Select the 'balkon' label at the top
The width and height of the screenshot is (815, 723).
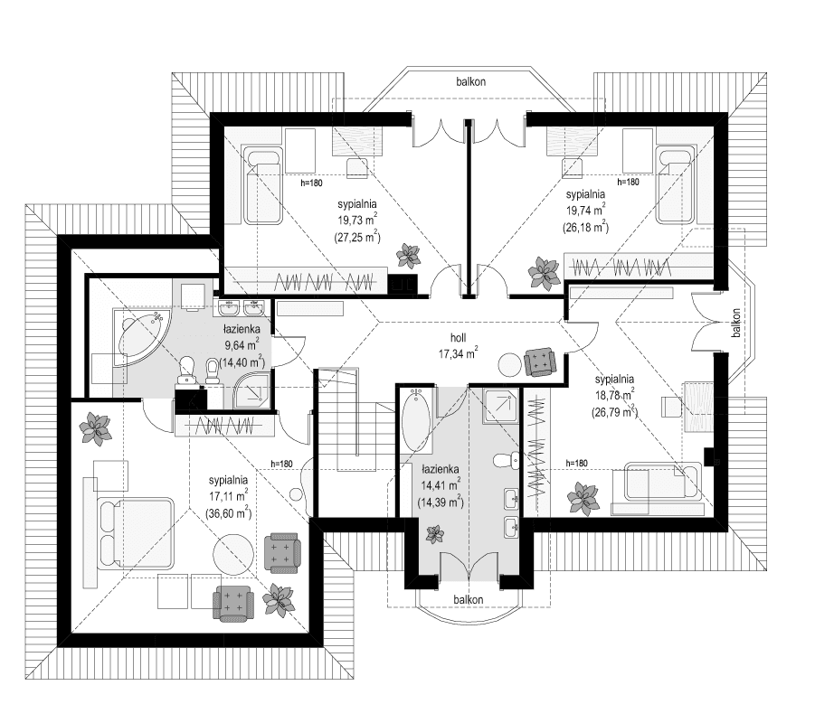pos(471,81)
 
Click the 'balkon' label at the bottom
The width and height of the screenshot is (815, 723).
pos(468,600)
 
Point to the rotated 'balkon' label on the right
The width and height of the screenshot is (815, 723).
pos(737,324)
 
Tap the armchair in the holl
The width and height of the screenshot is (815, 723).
pos(541,361)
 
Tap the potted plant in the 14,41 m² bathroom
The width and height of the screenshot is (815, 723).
pos(434,533)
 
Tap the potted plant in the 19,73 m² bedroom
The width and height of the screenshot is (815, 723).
pos(408,257)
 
